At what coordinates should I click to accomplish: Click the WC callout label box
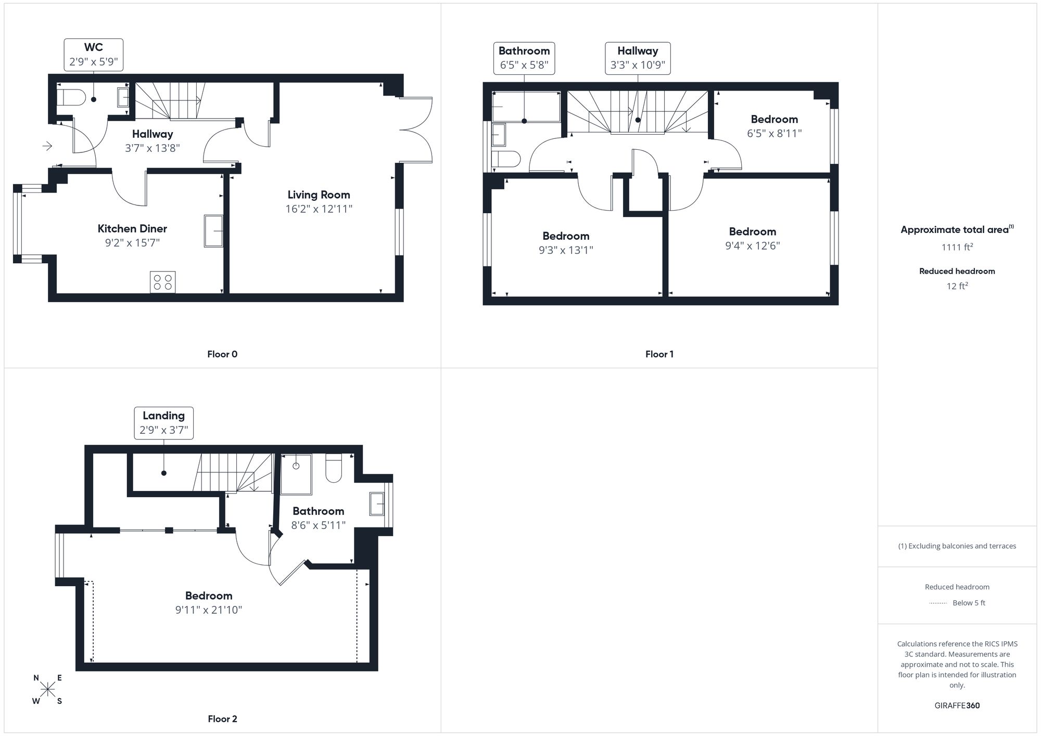point(94,55)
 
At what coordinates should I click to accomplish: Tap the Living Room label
point(319,195)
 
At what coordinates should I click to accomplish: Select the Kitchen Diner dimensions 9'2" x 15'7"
point(132,243)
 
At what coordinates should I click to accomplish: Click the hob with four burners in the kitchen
point(162,282)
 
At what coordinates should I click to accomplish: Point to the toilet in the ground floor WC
point(71,97)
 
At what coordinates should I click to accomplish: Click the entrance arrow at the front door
point(47,146)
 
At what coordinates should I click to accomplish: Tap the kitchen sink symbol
point(213,231)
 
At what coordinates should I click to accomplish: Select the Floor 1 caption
point(659,354)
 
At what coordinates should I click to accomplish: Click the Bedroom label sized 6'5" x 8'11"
point(774,120)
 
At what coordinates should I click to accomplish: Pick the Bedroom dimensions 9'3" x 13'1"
point(566,250)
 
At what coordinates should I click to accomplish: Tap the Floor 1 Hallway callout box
point(638,58)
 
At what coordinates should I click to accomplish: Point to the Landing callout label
point(164,423)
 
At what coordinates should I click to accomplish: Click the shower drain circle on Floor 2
point(296,466)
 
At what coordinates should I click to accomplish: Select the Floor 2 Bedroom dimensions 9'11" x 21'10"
point(209,610)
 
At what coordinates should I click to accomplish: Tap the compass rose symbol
point(48,690)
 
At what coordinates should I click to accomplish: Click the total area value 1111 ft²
point(957,247)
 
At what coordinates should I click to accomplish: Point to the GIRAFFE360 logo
point(957,706)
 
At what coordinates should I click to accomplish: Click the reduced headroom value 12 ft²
point(957,286)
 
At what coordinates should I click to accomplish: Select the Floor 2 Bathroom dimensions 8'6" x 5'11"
point(318,525)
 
